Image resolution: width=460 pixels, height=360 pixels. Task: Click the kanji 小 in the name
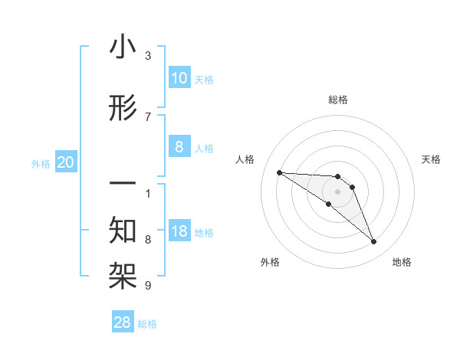[x=123, y=48]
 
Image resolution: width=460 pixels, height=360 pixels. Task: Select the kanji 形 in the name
[x=123, y=109]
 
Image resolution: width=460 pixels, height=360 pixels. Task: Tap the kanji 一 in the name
[x=123, y=185]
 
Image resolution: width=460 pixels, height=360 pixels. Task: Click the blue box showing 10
[x=179, y=78]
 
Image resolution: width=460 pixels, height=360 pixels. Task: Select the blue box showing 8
[x=179, y=147]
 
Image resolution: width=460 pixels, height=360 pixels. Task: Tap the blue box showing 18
[x=179, y=232]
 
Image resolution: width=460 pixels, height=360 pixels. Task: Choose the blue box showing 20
[x=66, y=162]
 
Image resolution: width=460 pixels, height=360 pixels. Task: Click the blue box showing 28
[x=123, y=322]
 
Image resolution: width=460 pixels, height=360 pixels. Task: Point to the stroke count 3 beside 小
[x=148, y=56]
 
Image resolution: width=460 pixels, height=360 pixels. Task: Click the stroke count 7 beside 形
[x=148, y=116]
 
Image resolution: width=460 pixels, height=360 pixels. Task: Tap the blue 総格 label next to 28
[x=147, y=324]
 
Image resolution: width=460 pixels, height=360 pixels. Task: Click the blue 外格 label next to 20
[x=41, y=164]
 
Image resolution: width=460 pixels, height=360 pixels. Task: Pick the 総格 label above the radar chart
[x=337, y=100]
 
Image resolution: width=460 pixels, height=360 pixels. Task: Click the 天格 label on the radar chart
[x=432, y=159]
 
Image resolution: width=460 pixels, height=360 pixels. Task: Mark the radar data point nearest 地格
[x=374, y=242]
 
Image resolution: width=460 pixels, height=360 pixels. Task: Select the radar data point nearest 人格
[x=279, y=172]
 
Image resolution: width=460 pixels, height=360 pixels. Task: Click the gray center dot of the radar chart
[x=337, y=191]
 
